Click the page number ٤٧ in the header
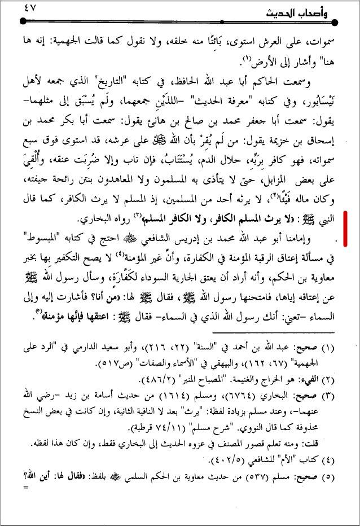point(31,9)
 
